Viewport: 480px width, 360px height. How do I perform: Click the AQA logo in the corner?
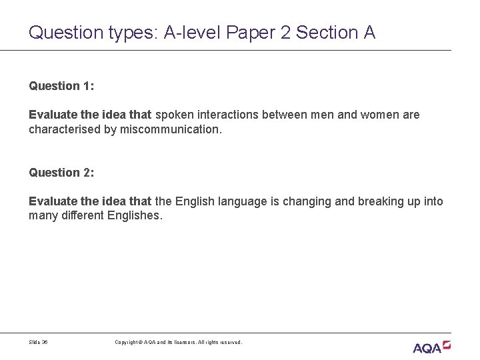click(432, 347)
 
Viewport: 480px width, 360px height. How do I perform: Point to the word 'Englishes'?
click(134, 216)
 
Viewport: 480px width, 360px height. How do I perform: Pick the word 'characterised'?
click(65, 129)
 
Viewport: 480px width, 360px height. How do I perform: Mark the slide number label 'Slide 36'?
click(39, 343)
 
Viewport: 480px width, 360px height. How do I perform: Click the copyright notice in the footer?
click(178, 343)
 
